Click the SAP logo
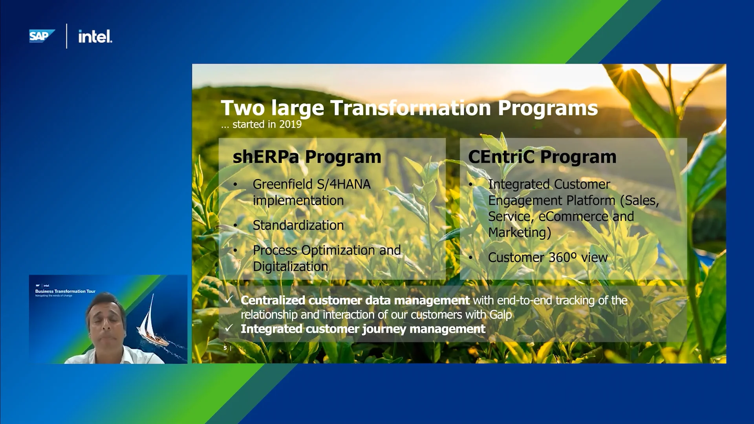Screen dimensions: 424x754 click(x=41, y=36)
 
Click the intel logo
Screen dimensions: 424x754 click(x=95, y=37)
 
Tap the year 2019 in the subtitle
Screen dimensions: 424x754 click(x=290, y=124)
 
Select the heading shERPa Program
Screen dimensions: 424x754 click(x=307, y=157)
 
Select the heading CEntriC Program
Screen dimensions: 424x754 click(x=542, y=157)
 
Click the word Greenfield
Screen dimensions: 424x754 click(x=282, y=184)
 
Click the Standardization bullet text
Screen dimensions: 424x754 click(x=298, y=225)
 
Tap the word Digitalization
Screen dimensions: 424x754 click(x=290, y=267)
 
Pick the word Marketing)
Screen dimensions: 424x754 click(x=520, y=233)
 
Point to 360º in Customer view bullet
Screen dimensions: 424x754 click(x=562, y=258)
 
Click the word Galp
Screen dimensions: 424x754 click(x=501, y=315)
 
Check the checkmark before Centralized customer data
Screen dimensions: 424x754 click(x=229, y=300)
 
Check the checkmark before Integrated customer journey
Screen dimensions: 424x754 click(x=229, y=328)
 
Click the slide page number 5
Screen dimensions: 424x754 click(x=225, y=348)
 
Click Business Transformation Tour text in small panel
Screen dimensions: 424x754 click(x=65, y=291)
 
